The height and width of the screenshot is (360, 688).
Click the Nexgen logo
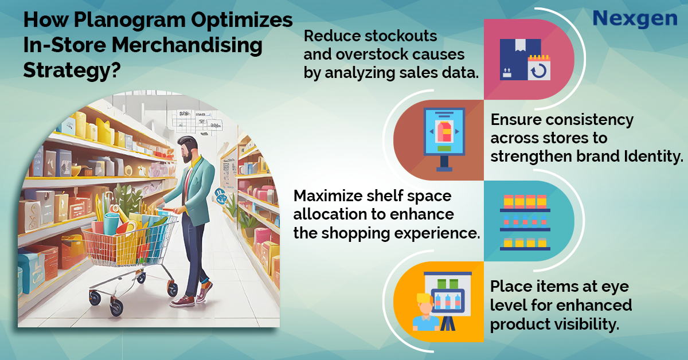635,18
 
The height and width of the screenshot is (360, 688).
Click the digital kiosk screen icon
444,138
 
